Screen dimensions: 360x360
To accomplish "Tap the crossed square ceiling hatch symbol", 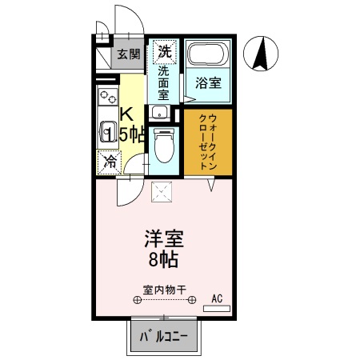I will tap(164, 191).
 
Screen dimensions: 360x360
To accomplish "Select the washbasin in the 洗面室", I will tap(159, 111).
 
